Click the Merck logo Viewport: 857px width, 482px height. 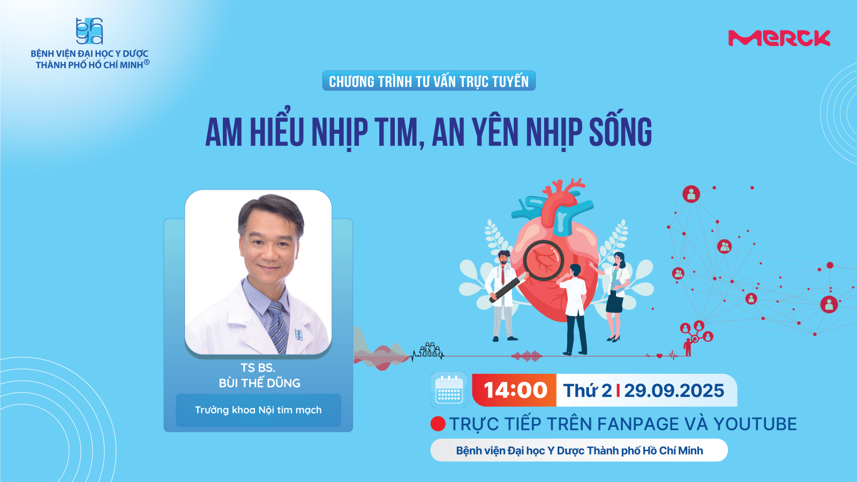(779, 38)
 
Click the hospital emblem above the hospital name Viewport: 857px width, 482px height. (89, 31)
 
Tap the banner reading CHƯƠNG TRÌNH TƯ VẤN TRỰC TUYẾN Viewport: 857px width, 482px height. (428, 81)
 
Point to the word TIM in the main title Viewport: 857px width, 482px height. (395, 132)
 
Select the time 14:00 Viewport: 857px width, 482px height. (515, 390)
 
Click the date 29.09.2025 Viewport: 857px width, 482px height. (674, 390)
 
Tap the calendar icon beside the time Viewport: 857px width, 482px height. (449, 390)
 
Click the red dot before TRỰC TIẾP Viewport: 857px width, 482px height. (438, 424)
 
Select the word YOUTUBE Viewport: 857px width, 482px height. (755, 424)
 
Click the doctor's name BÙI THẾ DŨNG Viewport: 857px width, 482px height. (259, 383)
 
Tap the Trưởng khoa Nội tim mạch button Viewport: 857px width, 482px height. (258, 410)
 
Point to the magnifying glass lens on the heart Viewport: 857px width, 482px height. (543, 260)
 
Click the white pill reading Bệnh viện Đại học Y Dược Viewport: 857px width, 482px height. (579, 450)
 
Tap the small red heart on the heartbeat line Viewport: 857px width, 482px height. (659, 356)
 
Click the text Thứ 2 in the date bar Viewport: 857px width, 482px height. (587, 390)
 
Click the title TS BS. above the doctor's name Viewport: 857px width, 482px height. (258, 368)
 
